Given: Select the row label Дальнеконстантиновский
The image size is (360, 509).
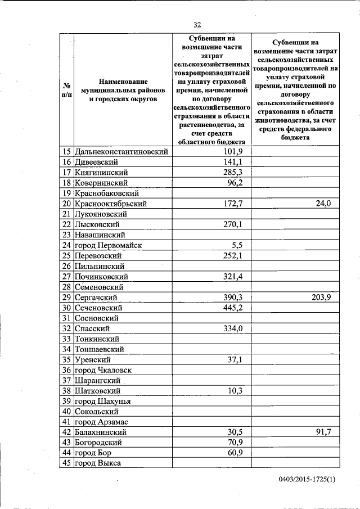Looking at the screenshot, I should (122, 151).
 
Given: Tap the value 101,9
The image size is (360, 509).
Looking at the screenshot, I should (233, 151).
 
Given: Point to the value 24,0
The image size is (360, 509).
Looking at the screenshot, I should (323, 204).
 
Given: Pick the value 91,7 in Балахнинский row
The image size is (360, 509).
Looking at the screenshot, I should (323, 432).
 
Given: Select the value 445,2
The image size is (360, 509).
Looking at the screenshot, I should (233, 308).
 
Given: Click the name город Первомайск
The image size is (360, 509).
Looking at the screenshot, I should (108, 245).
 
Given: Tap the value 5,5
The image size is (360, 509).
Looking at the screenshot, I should (236, 245).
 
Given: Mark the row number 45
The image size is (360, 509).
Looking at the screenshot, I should (66, 463).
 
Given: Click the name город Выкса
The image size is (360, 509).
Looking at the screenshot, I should (98, 463).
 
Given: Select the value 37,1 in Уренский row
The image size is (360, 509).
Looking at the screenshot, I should (235, 359).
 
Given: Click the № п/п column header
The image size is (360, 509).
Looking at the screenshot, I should (66, 90).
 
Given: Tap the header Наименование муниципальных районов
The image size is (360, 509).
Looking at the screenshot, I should (123, 90).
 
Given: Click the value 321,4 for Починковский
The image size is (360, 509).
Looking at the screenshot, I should (233, 277).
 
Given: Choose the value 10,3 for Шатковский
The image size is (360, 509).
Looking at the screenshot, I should (235, 390).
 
